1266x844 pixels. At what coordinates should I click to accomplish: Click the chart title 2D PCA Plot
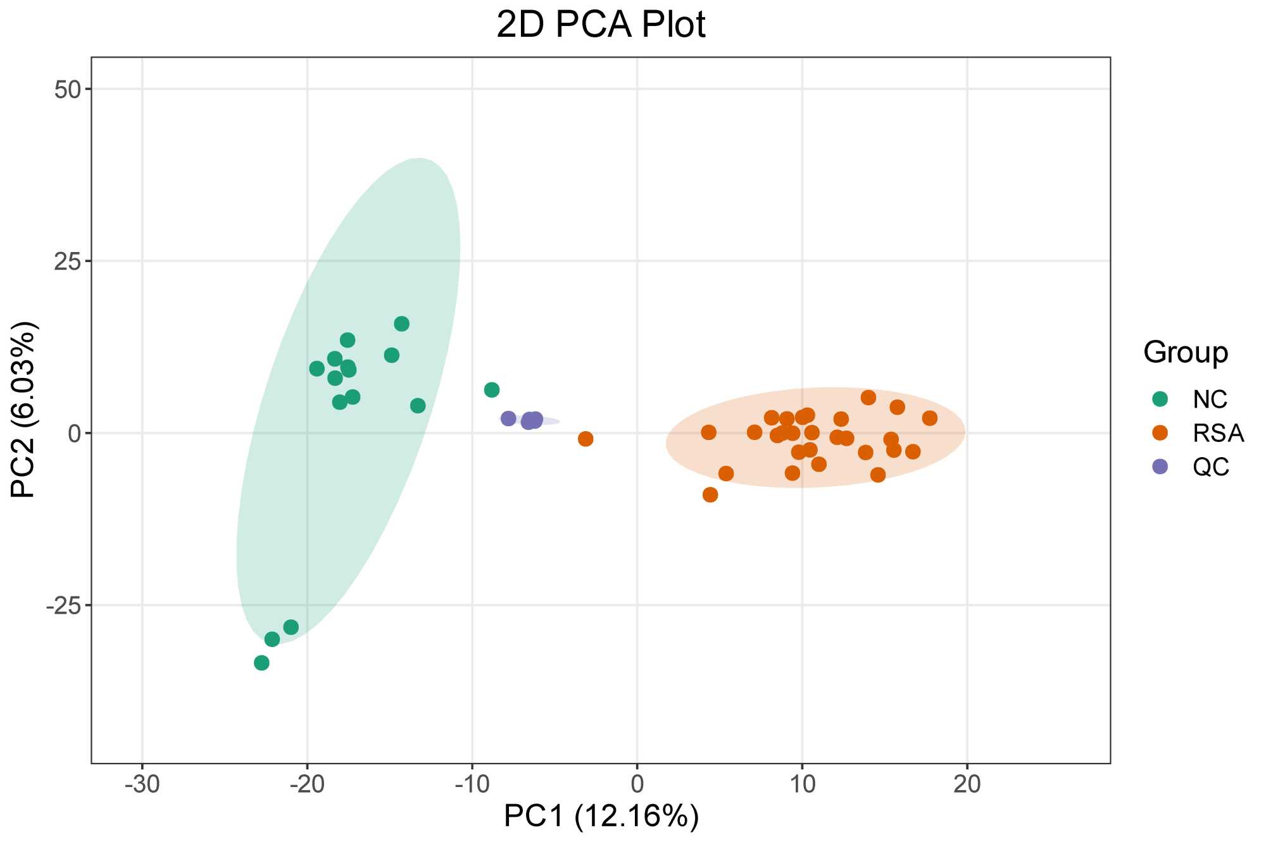[601, 25]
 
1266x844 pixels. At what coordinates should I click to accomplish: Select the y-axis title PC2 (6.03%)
[24, 410]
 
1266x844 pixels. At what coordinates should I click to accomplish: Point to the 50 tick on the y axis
[68, 89]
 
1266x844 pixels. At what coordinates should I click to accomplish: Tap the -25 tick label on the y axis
[64, 606]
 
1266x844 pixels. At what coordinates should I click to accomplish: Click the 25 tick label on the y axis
[68, 261]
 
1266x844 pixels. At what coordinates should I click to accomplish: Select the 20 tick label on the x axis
[967, 784]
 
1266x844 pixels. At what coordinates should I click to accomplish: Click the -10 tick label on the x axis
[472, 784]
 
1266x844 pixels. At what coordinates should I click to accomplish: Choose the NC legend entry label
[1210, 400]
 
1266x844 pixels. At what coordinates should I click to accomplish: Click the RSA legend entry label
[1218, 434]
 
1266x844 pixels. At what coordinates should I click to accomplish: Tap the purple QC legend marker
[1160, 467]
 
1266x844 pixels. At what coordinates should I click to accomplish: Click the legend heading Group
[1185, 352]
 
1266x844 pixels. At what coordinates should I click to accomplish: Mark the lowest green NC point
[261, 663]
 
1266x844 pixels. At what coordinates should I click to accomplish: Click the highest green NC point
[401, 324]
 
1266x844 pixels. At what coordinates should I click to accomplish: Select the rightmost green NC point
[492, 390]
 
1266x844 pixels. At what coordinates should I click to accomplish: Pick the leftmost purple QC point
[508, 419]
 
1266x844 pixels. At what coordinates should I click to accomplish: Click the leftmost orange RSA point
[586, 439]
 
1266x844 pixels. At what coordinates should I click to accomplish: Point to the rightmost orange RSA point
[929, 419]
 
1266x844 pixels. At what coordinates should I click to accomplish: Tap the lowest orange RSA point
[710, 494]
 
